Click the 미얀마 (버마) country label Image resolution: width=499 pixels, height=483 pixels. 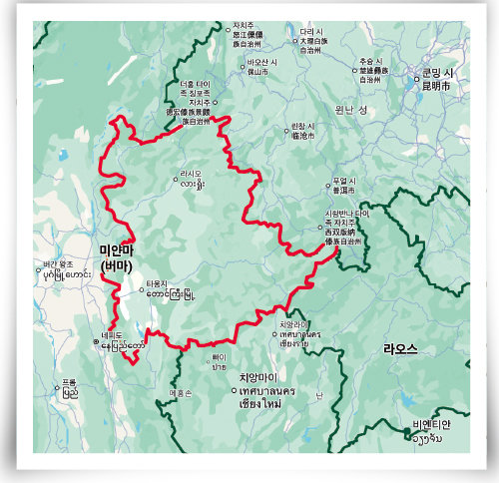pyautogui.click(x=117, y=257)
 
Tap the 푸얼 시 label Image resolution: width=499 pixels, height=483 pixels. pyautogui.click(x=344, y=184)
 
